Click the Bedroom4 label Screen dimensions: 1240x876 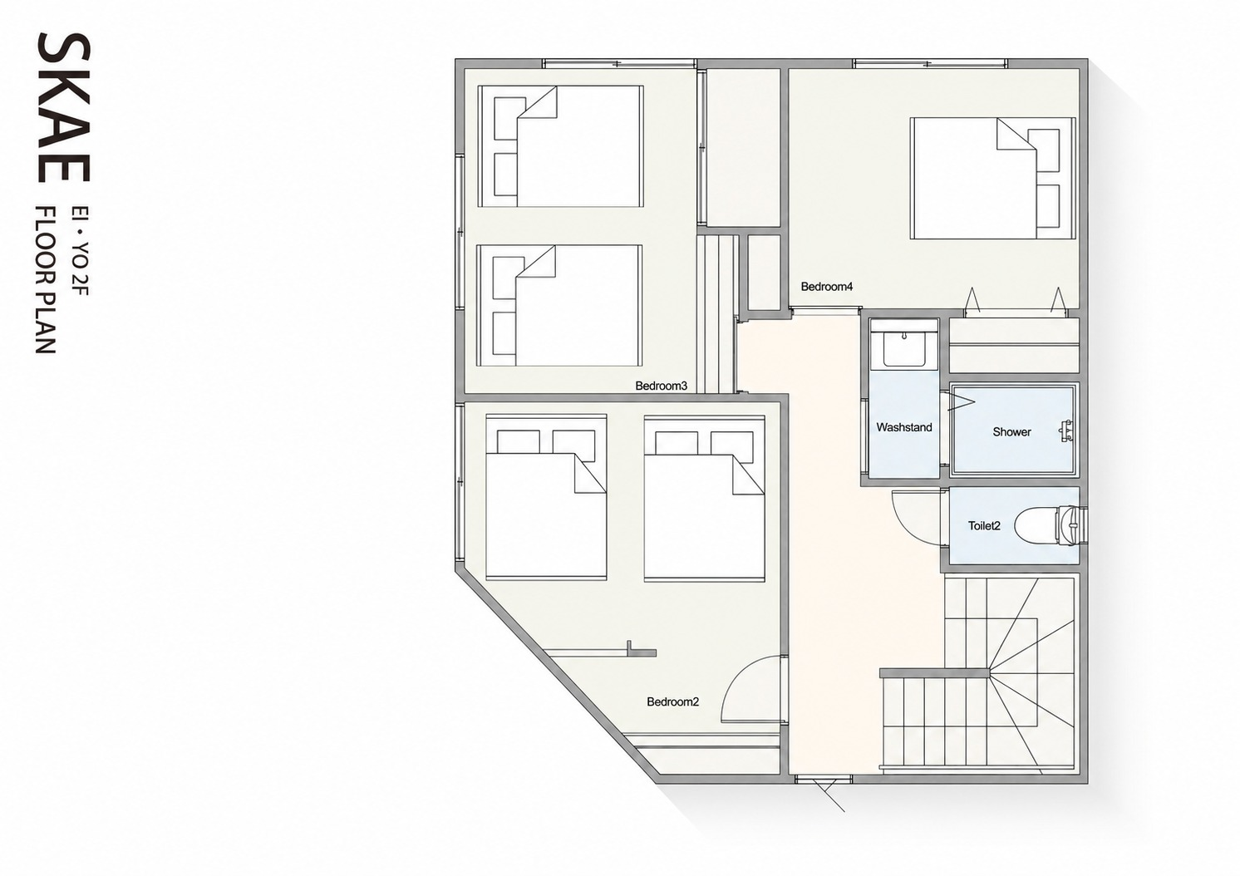(826, 287)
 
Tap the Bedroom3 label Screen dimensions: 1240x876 (661, 386)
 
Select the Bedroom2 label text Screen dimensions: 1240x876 (672, 702)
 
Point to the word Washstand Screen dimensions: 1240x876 (904, 427)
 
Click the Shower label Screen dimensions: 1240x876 (1011, 432)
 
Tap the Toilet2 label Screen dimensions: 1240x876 (984, 526)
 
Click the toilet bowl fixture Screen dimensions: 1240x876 (1049, 526)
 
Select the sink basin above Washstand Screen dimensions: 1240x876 (904, 349)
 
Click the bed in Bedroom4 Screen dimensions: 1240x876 (993, 179)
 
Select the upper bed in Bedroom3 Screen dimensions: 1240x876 (560, 146)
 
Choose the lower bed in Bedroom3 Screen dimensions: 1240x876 (559, 306)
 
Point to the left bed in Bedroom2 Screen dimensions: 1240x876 (546, 497)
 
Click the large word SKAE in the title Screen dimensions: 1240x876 (64, 107)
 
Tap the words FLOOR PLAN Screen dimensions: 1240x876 (46, 279)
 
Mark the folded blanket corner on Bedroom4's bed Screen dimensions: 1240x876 (1016, 134)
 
